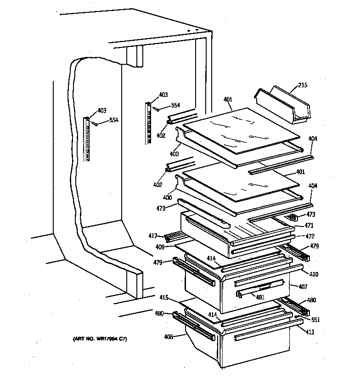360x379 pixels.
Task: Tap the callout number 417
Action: pos(153,236)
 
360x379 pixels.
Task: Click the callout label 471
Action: pos(310,226)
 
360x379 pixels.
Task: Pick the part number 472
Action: pos(310,236)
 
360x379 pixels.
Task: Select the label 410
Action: pos(314,274)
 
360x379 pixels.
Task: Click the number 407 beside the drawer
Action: pos(303,286)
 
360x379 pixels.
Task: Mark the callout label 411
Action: pos(310,332)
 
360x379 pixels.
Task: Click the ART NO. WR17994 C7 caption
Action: pos(100,339)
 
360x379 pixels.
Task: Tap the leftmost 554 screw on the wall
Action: pos(95,123)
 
